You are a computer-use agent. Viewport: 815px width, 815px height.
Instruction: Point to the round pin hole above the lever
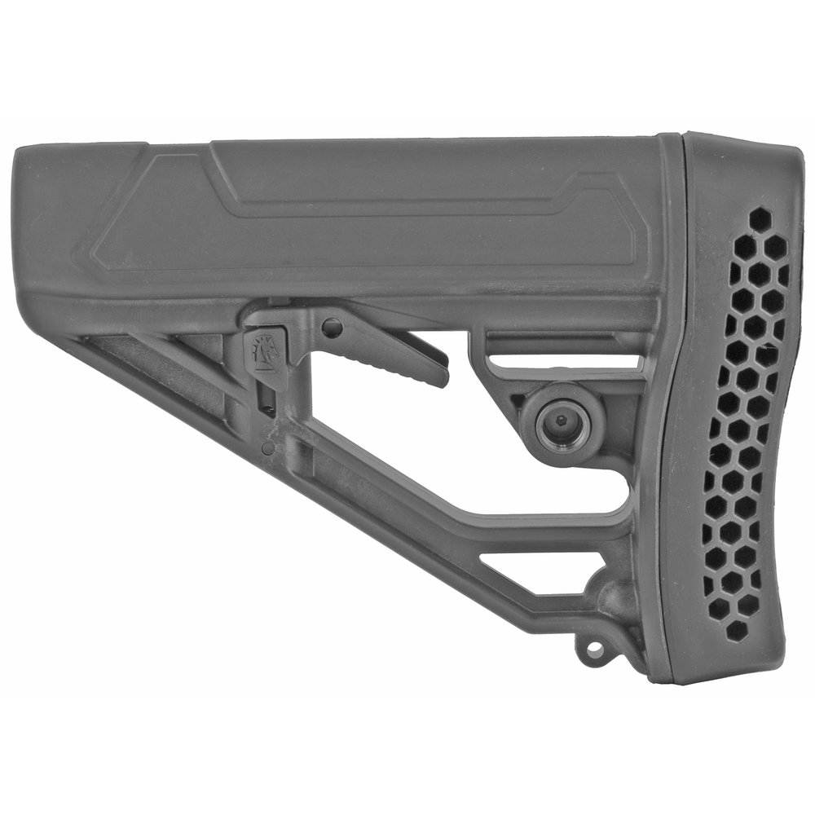point(332,328)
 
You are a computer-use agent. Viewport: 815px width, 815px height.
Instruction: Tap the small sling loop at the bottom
point(593,649)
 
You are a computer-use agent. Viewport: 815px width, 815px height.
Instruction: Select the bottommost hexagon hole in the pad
point(736,629)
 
